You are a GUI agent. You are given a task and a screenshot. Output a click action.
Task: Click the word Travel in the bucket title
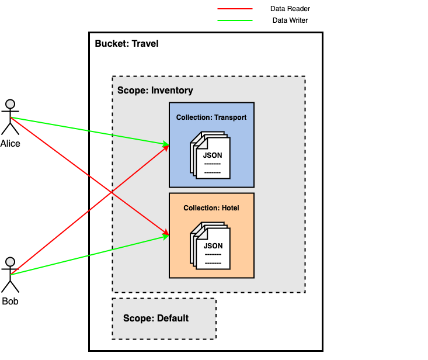point(145,44)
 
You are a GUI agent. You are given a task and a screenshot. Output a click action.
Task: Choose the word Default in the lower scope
point(173,319)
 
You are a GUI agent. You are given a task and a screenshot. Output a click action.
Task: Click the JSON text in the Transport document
point(213,155)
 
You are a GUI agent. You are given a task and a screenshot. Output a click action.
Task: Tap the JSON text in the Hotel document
point(213,246)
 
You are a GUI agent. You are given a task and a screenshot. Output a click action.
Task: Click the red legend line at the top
point(235,9)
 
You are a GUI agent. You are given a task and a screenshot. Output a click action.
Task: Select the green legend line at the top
point(235,20)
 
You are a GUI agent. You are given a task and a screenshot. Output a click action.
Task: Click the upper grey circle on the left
point(10,104)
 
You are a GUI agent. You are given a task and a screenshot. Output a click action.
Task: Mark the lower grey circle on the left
point(10,262)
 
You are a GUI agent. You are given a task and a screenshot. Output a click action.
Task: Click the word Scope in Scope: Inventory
point(130,91)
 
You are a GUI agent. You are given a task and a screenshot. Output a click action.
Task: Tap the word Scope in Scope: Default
point(136,319)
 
